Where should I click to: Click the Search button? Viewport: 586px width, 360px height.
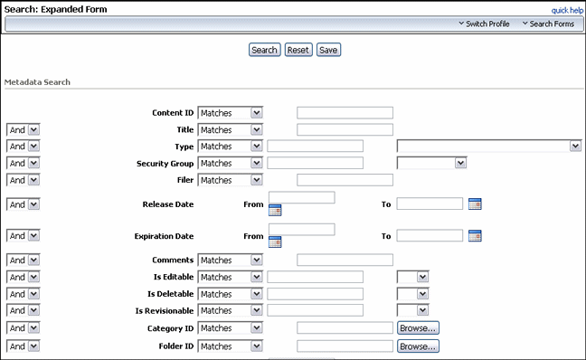264,50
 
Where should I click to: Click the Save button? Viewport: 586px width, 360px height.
328,50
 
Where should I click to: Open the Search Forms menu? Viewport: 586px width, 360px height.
547,24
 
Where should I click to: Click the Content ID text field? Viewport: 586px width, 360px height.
345,113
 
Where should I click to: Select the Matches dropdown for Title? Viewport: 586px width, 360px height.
230,129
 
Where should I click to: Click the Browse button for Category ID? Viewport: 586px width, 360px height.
418,328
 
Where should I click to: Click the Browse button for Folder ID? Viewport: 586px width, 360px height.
418,346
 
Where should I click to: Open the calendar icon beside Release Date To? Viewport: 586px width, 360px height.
476,204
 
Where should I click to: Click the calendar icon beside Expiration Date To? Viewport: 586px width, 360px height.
476,235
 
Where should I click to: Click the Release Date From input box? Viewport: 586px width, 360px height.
301,197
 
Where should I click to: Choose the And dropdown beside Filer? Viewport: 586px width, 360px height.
23,180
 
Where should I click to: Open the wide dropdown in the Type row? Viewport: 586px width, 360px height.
488,146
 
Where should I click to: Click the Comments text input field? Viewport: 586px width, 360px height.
345,261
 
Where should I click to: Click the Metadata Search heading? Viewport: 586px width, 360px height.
38,82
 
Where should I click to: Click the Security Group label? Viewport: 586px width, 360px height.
165,164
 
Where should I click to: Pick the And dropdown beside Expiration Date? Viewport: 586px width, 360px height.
23,235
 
